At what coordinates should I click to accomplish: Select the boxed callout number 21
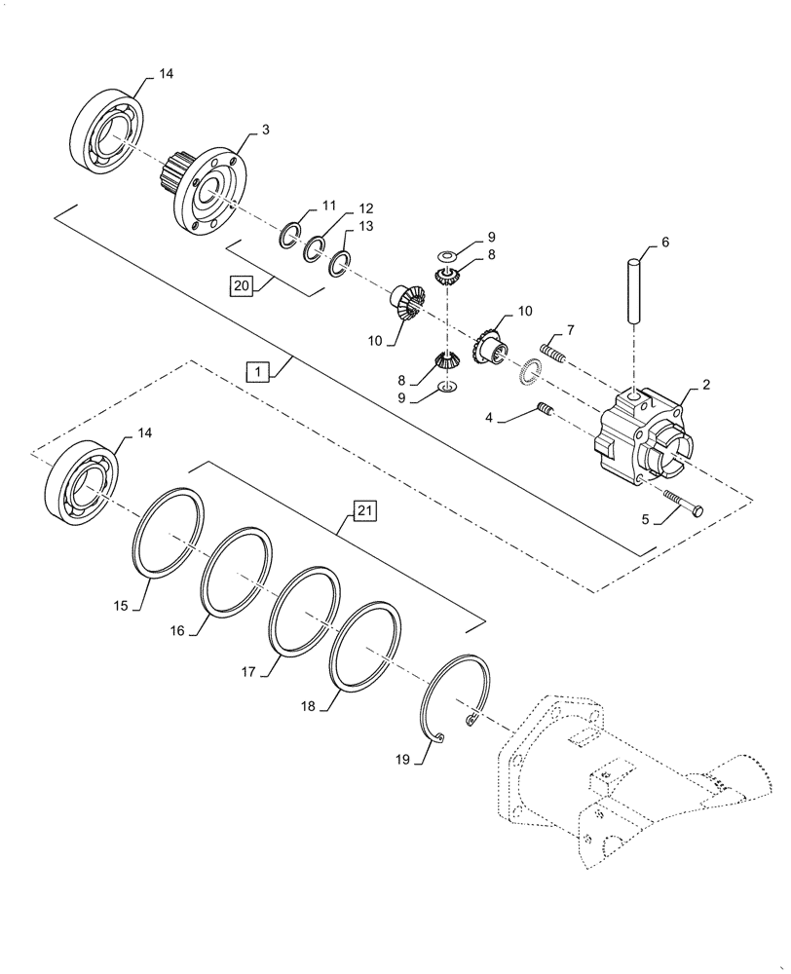pos(362,509)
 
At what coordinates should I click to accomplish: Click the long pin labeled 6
pos(634,286)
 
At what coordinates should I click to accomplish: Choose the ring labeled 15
pos(169,531)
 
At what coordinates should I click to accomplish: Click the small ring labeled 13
pos(340,262)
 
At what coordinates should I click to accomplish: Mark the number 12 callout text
pos(338,208)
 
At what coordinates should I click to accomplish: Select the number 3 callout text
pos(265,128)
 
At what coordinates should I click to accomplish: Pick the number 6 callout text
pos(665,242)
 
